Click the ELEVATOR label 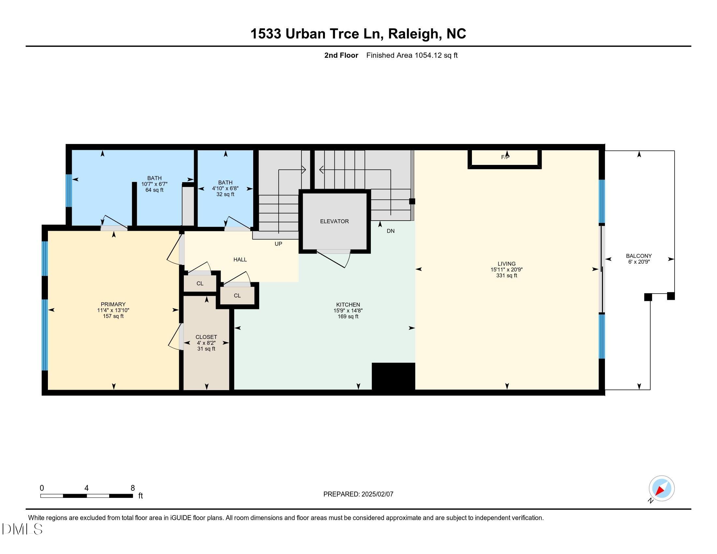(334, 221)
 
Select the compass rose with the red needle (661, 488)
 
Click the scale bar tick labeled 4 (86, 488)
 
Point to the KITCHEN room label (348, 305)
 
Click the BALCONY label (638, 256)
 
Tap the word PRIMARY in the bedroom (113, 304)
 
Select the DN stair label (390, 231)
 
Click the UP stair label (278, 244)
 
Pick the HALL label (240, 260)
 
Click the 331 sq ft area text (506, 276)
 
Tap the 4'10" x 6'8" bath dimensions (225, 188)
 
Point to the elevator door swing (335, 259)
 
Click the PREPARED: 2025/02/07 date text (358, 494)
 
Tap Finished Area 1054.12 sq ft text (412, 55)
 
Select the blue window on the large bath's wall (69, 191)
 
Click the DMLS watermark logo (22, 529)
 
